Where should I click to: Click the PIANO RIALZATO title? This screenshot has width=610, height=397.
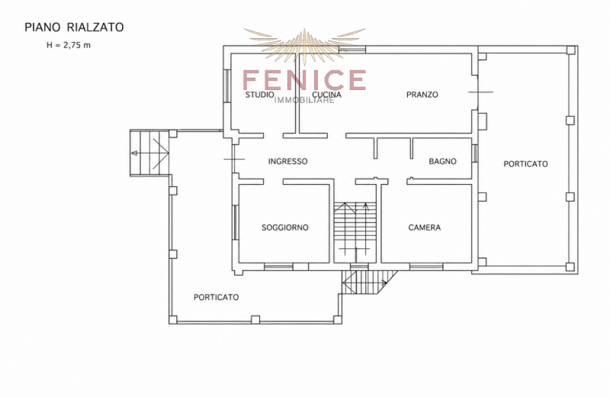(74, 27)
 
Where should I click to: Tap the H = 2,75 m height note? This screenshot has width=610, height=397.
(69, 45)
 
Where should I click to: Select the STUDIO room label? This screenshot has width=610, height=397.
(259, 95)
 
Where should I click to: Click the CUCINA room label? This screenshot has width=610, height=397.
(327, 95)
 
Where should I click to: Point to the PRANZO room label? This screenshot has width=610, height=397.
(422, 95)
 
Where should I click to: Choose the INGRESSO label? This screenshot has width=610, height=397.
(288, 161)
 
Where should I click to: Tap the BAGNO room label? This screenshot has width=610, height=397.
(443, 161)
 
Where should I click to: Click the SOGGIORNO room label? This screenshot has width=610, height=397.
(285, 228)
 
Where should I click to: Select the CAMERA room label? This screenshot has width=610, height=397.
(425, 228)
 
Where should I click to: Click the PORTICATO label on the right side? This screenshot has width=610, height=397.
(525, 164)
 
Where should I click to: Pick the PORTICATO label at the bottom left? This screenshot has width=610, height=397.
(217, 297)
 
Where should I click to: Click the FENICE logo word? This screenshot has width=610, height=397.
(304, 80)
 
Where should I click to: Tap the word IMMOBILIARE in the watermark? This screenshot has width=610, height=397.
(304, 100)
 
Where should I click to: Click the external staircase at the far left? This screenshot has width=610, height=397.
(149, 153)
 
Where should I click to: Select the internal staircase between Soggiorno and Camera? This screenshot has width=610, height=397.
(355, 232)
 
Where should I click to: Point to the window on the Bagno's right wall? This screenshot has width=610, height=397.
(474, 153)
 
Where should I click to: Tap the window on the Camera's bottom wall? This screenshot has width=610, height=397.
(426, 267)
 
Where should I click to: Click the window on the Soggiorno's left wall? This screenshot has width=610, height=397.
(235, 222)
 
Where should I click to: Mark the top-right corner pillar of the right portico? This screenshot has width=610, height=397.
(570, 50)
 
